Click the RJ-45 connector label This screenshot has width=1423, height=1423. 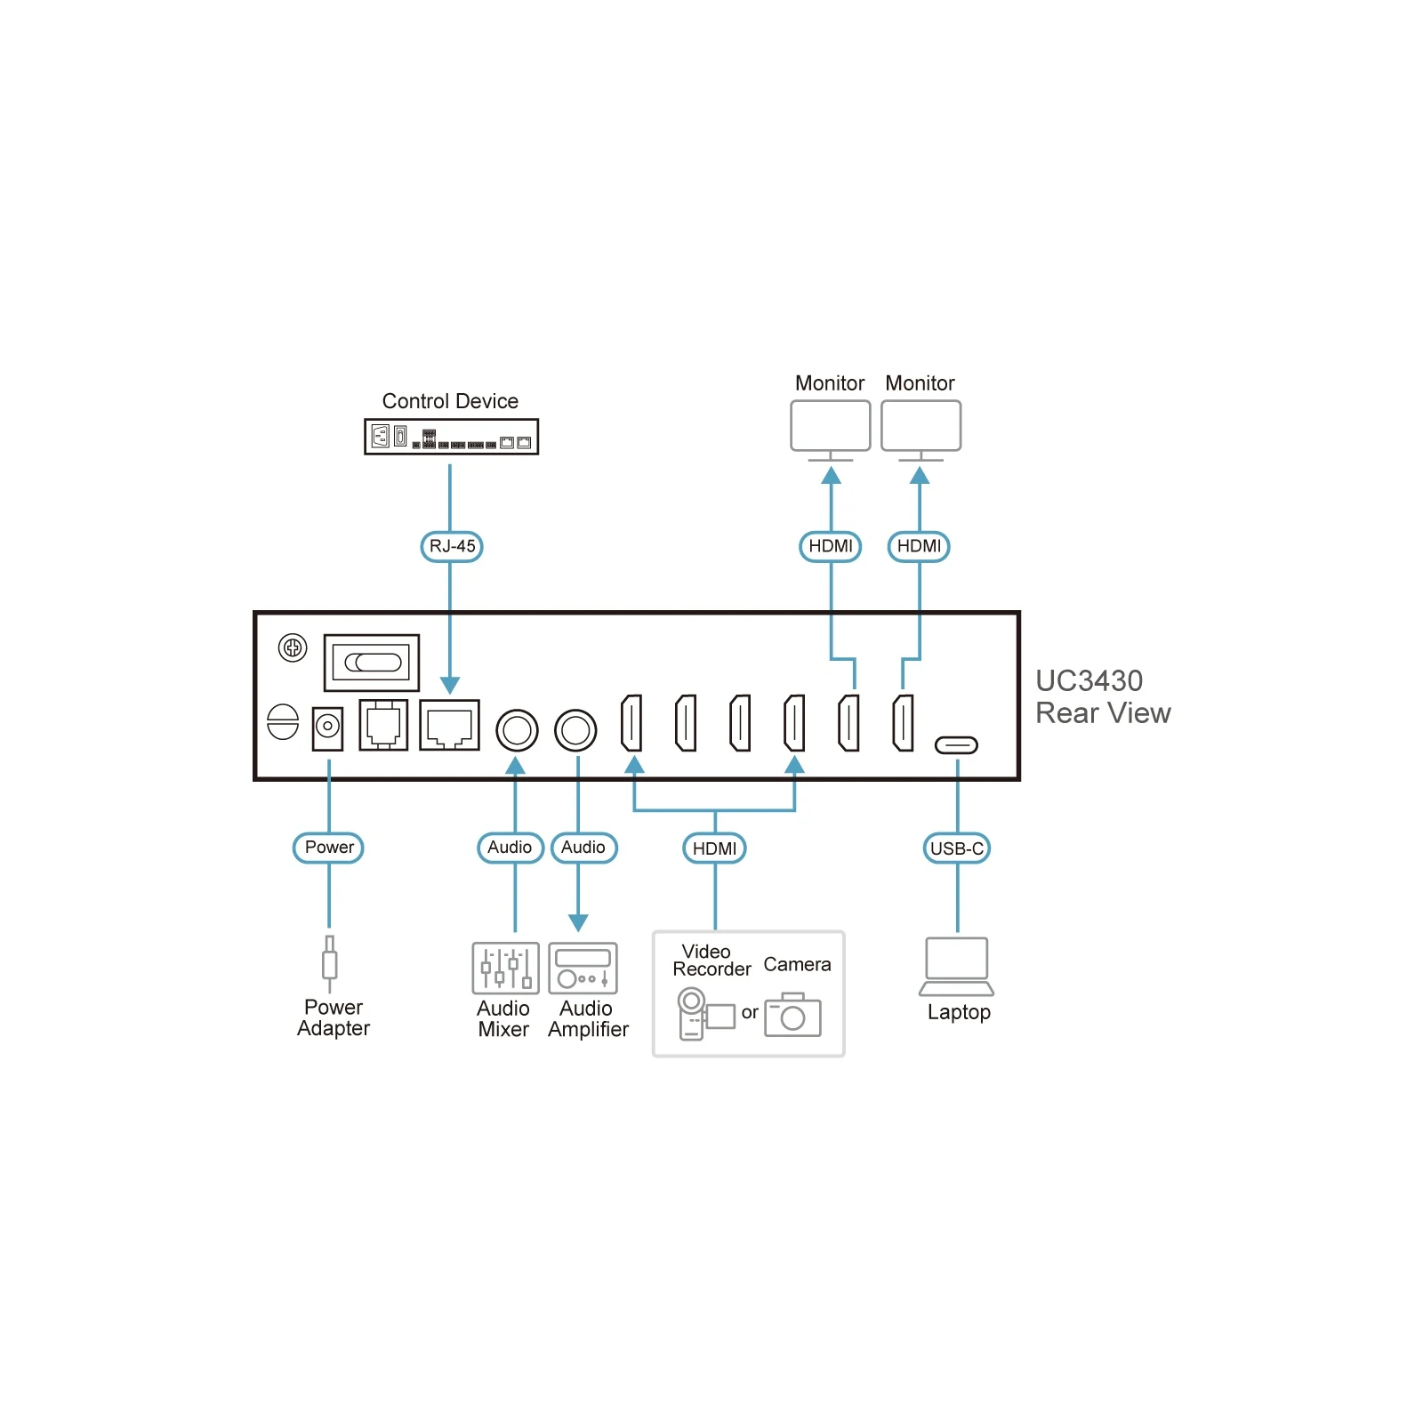tap(452, 546)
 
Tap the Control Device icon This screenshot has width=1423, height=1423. tap(451, 437)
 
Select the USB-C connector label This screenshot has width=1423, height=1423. tap(957, 848)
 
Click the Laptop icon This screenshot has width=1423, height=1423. tap(957, 967)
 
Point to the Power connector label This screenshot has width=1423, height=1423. tap(328, 848)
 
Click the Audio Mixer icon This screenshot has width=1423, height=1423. tap(505, 968)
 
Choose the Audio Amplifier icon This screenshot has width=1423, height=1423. tap(583, 968)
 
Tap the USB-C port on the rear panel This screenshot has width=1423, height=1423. tap(956, 745)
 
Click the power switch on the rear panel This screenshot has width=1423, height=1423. tap(372, 663)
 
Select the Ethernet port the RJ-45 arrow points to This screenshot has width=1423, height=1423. tap(449, 725)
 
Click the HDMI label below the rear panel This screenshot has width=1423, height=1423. tap(714, 848)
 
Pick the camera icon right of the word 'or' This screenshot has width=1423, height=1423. tap(792, 1015)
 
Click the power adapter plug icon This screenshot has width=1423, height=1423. tap(330, 964)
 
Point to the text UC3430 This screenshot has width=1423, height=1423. tap(1089, 681)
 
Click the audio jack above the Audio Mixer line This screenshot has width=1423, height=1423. tap(517, 731)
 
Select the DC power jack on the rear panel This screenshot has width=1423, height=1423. tap(328, 728)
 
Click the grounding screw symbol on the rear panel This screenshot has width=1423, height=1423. tap(293, 647)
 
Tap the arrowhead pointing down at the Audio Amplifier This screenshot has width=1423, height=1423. tap(578, 923)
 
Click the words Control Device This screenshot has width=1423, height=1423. tap(450, 401)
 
